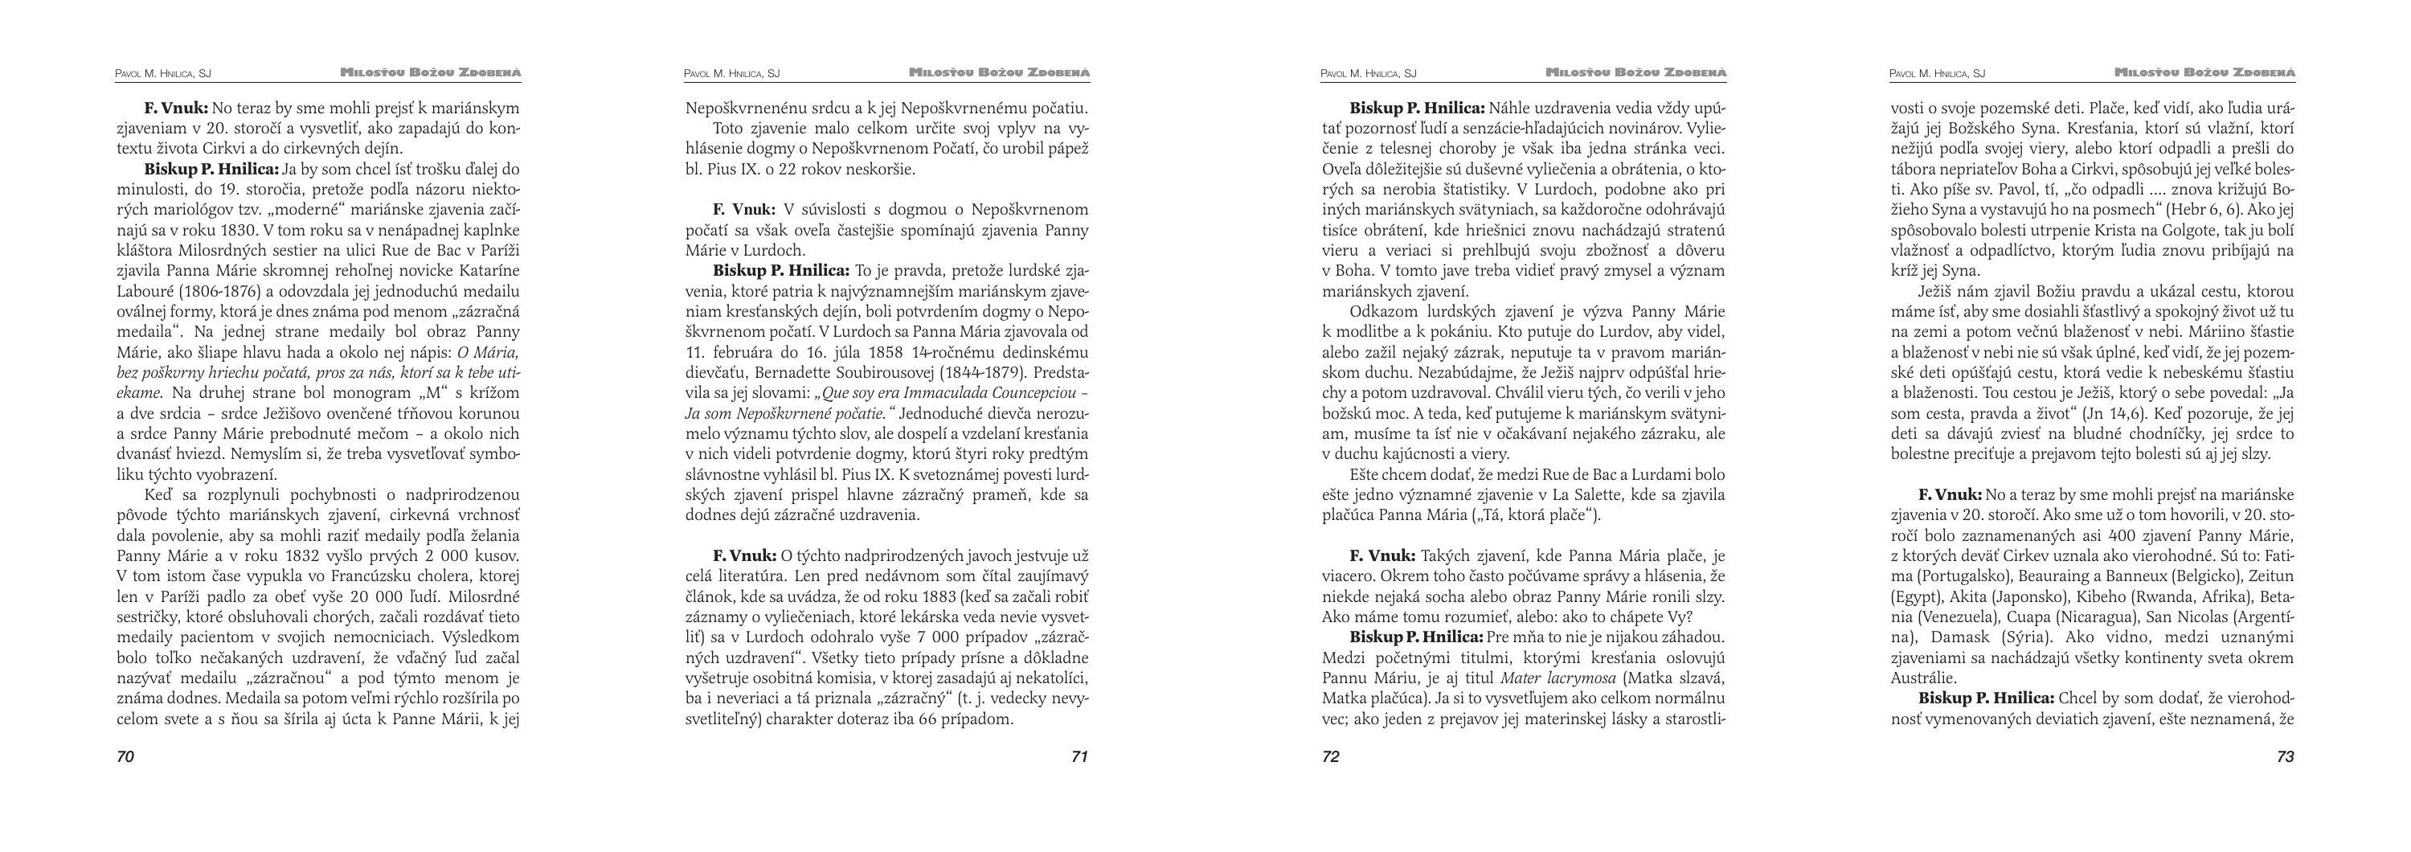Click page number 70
125,756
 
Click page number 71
1079,756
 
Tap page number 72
1330,756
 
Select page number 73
2285,756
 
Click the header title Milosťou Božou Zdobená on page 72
1636,72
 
